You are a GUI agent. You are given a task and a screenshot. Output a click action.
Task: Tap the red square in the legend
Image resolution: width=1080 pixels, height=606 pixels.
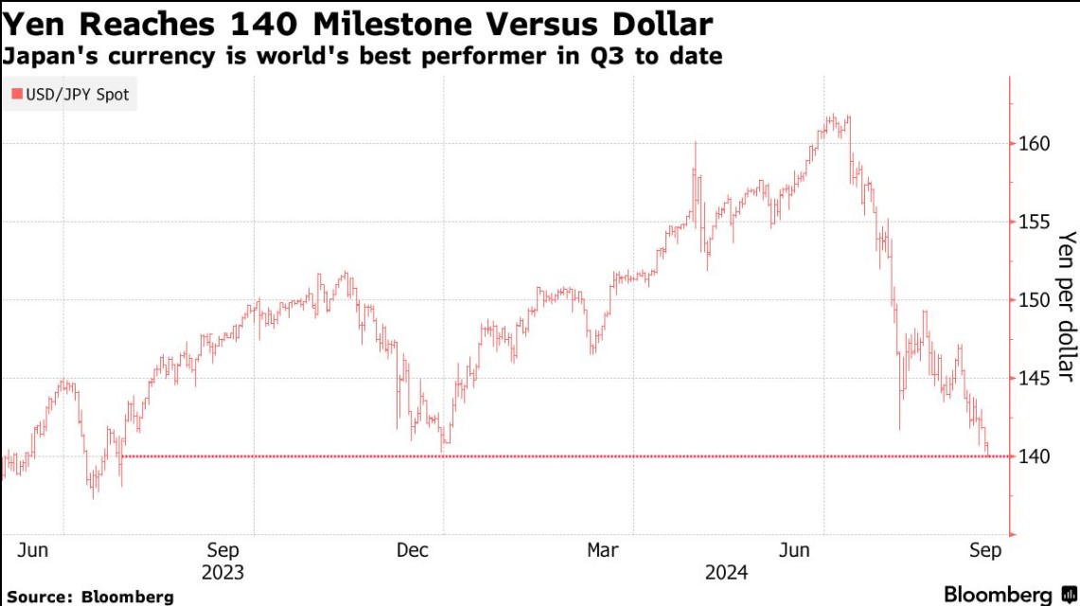15,95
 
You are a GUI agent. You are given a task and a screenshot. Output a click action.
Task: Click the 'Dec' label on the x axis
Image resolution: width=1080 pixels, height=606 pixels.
414,550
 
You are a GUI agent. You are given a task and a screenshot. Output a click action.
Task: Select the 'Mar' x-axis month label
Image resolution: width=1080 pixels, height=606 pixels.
603,550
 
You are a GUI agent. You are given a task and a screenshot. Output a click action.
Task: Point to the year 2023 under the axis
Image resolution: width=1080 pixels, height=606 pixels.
223,573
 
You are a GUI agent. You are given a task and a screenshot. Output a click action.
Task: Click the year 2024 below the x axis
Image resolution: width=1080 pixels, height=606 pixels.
726,573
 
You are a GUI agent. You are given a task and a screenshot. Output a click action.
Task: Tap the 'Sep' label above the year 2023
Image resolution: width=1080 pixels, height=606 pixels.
223,550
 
